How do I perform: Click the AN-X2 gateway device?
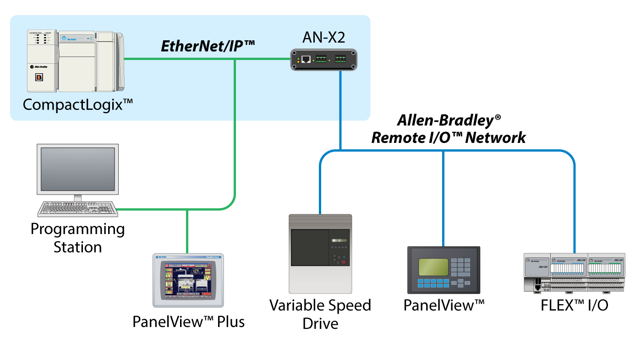pos(324,60)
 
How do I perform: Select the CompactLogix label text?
pos(78,105)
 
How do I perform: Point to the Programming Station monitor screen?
pos(78,169)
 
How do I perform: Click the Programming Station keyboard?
pos(77,209)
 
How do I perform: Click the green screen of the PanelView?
pos(433,267)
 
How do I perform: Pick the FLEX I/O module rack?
pos(574,273)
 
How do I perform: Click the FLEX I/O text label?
pos(575,305)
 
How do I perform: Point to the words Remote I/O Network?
pos(448,137)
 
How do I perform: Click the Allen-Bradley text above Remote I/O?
pos(448,120)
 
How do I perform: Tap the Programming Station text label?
pos(77,238)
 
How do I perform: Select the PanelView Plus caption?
pos(188,322)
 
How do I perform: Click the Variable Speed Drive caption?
pos(320,314)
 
